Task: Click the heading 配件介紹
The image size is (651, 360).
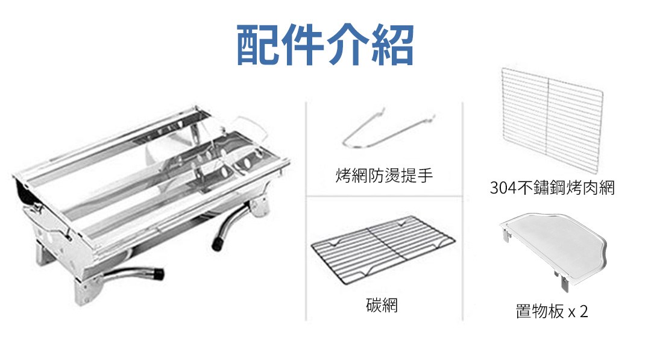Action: [x=325, y=45]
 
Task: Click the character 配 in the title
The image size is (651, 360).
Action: [x=257, y=45]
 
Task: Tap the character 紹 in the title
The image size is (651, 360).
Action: [x=392, y=45]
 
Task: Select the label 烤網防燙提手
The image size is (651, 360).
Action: [x=384, y=175]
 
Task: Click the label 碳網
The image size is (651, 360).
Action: [x=382, y=305]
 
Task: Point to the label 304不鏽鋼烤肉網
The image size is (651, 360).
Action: [x=552, y=188]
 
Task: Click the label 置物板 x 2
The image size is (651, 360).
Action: [x=552, y=311]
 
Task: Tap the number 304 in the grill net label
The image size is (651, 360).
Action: [x=503, y=188]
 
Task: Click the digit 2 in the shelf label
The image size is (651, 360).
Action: [x=583, y=311]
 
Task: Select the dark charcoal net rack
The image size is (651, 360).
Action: [x=383, y=250]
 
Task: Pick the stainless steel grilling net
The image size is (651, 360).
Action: [x=552, y=121]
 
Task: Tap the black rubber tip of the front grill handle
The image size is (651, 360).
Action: [x=158, y=274]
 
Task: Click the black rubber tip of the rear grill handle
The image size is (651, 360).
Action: [x=217, y=244]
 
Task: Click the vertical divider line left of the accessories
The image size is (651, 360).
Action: [x=306, y=211]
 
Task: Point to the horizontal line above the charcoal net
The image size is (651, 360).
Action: [x=384, y=196]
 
